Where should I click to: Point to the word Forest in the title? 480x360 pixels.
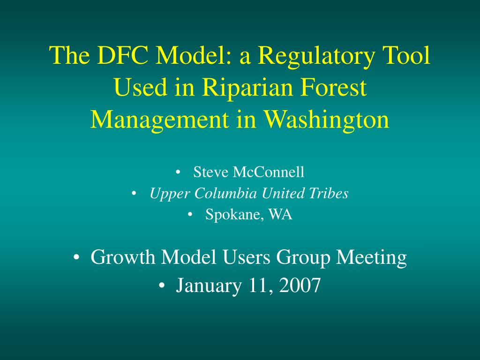pos(334,87)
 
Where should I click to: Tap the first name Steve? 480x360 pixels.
pos(211,172)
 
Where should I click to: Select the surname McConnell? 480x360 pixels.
pos(269,172)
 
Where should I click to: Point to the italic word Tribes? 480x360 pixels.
pos(329,193)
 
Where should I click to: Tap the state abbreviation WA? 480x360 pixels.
pos(280,214)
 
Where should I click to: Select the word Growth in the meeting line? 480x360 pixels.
pos(123,257)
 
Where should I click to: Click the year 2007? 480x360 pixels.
pos(300,285)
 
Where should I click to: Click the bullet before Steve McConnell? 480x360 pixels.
pos(178,172)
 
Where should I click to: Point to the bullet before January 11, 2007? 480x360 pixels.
pos(162,285)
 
